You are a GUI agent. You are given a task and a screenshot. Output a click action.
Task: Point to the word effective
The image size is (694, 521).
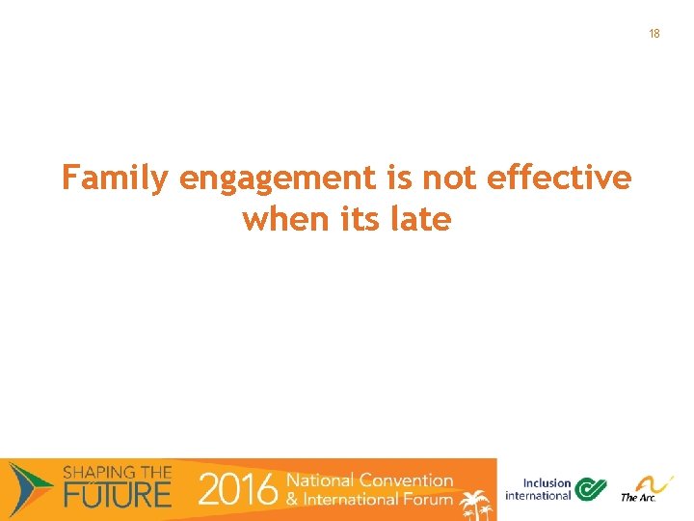[x=560, y=178]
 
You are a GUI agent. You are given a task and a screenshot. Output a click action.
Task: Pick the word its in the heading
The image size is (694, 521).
[x=362, y=220]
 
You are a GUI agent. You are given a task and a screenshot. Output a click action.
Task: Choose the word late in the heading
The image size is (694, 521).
[x=421, y=220]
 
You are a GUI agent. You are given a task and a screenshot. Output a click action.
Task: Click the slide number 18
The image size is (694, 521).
[x=654, y=34]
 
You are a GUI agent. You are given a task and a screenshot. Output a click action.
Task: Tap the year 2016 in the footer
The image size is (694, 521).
[x=237, y=490]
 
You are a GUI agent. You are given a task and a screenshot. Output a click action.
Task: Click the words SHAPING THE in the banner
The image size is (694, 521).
[x=117, y=473]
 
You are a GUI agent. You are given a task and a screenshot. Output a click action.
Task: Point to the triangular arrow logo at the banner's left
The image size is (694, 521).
[x=30, y=486]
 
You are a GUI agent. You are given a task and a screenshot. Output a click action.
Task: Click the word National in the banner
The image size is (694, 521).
[x=321, y=480]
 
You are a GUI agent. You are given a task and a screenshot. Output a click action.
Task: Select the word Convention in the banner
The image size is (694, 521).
[x=406, y=480]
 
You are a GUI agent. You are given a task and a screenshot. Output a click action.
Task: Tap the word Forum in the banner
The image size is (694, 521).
[x=428, y=499]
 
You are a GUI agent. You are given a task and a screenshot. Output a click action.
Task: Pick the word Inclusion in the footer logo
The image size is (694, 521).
[x=547, y=483]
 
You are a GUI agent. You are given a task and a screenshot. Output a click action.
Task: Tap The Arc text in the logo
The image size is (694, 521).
[x=637, y=498]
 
